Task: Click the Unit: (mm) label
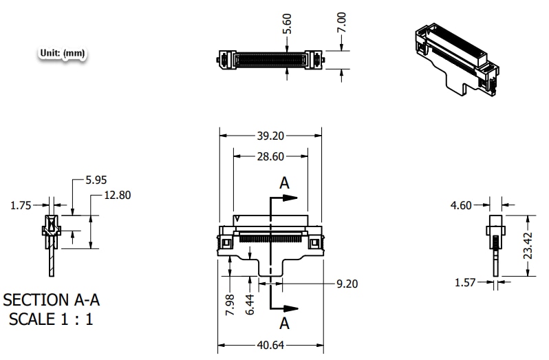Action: (x=63, y=52)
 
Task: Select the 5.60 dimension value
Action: (x=288, y=23)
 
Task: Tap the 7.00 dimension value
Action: (x=342, y=22)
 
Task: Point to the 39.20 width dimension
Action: (x=270, y=136)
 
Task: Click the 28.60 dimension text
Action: (x=270, y=156)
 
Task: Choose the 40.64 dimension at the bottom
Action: (x=270, y=345)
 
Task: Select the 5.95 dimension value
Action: (x=96, y=180)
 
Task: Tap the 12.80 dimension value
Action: (x=116, y=195)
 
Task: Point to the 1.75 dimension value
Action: (x=21, y=205)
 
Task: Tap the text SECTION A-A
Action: (x=52, y=300)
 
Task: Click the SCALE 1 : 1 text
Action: (x=51, y=319)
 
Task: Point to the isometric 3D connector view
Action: (x=455, y=59)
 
